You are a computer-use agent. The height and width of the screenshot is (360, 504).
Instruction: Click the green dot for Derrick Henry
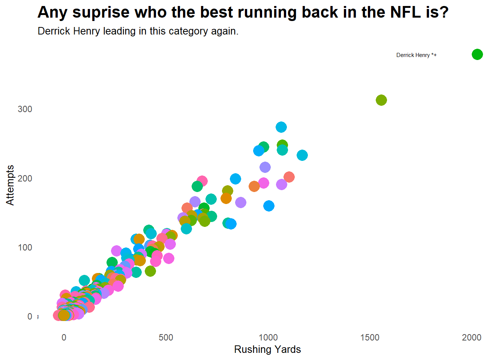pyautogui.click(x=477, y=54)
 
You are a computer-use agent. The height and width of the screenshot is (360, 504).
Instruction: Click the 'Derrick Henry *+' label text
pyautogui.click(x=416, y=55)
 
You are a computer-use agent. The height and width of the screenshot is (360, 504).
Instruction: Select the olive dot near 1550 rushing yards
pyautogui.click(x=381, y=100)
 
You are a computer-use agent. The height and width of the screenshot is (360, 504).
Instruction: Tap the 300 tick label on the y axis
pyautogui.click(x=25, y=109)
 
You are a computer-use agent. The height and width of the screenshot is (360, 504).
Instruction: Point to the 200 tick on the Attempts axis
pyautogui.click(x=25, y=178)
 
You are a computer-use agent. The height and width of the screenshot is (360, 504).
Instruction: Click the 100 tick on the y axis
pyautogui.click(x=25, y=247)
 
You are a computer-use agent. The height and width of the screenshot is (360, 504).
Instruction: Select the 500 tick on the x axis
pyautogui.click(x=166, y=337)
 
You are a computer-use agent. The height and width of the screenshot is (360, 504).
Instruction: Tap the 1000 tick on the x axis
pyautogui.click(x=268, y=337)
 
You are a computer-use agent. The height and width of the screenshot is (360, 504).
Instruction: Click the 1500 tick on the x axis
pyautogui.click(x=370, y=337)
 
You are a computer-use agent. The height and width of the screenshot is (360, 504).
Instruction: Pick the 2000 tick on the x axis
pyautogui.click(x=471, y=337)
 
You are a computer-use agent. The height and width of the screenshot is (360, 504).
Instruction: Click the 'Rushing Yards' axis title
pyautogui.click(x=267, y=349)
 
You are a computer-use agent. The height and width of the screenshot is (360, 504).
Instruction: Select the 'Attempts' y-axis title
pyautogui.click(x=10, y=185)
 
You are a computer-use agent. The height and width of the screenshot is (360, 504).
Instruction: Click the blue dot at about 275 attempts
pyautogui.click(x=281, y=127)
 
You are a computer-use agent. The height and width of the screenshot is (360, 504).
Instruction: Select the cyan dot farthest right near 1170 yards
pyautogui.click(x=302, y=155)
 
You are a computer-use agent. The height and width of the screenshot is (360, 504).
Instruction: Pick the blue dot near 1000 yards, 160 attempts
pyautogui.click(x=269, y=206)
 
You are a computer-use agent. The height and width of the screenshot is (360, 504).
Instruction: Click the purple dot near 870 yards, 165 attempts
pyautogui.click(x=241, y=202)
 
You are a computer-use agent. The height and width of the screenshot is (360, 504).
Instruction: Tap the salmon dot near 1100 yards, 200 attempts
pyautogui.click(x=289, y=177)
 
